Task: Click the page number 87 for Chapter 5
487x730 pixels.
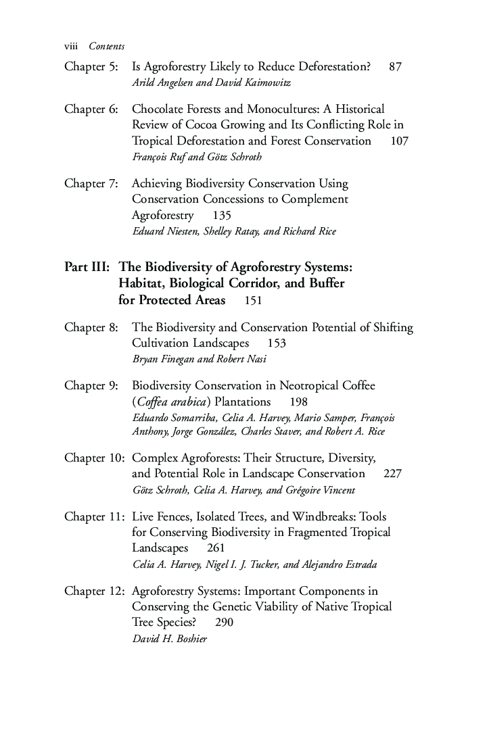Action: click(396, 67)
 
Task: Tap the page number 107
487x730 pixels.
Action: click(400, 141)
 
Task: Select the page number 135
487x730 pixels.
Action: click(222, 216)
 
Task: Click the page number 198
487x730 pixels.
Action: click(298, 402)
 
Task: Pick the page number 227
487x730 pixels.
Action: click(392, 473)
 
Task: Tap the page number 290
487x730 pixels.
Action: click(224, 623)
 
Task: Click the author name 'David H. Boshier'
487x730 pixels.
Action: click(169, 639)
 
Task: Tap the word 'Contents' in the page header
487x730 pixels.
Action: click(107, 46)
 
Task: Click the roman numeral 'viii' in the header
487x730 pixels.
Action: click(72, 46)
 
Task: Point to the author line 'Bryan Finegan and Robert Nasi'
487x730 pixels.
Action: click(199, 359)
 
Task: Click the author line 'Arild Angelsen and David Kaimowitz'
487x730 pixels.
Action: click(211, 83)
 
